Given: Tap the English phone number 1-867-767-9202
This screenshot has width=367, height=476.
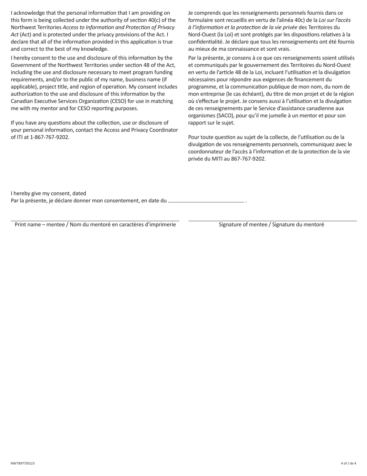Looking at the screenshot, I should [x=50, y=137].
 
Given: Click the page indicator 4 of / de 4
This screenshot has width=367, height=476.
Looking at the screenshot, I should [x=348, y=463].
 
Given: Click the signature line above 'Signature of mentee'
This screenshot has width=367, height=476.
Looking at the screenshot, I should [x=272, y=221].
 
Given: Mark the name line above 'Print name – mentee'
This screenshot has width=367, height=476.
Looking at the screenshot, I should [x=95, y=221].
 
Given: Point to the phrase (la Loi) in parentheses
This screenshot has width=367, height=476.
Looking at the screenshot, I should [x=226, y=34].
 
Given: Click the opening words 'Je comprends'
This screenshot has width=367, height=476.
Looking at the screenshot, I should [x=204, y=13].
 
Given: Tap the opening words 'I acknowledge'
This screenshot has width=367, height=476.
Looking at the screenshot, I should [x=28, y=13].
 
